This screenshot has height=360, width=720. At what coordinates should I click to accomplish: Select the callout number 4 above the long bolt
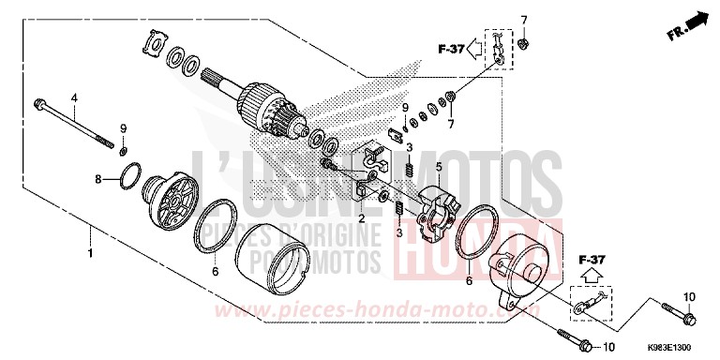pyautogui.click(x=74, y=97)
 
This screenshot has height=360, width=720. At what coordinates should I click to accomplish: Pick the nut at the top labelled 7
pyautogui.click(x=524, y=44)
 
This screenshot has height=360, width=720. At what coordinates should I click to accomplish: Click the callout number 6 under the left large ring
pyautogui.click(x=216, y=272)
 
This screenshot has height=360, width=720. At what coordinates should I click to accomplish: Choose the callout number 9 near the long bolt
pyautogui.click(x=123, y=127)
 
